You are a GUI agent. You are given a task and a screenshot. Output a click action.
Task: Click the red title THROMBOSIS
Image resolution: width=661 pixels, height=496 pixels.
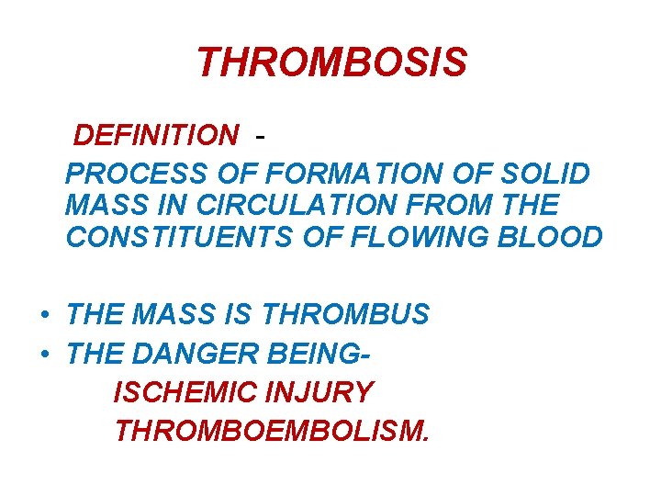331,63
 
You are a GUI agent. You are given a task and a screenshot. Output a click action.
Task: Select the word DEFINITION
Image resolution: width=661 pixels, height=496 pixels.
155,136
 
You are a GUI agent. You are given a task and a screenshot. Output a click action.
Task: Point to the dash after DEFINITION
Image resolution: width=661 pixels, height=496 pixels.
263,136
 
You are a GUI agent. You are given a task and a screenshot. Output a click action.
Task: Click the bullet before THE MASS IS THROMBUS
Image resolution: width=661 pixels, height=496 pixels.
44,315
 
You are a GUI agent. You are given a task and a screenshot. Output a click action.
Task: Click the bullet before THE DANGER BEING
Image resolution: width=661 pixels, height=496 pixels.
44,354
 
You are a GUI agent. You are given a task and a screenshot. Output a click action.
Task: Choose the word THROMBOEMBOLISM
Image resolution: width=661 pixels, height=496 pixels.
271,430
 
